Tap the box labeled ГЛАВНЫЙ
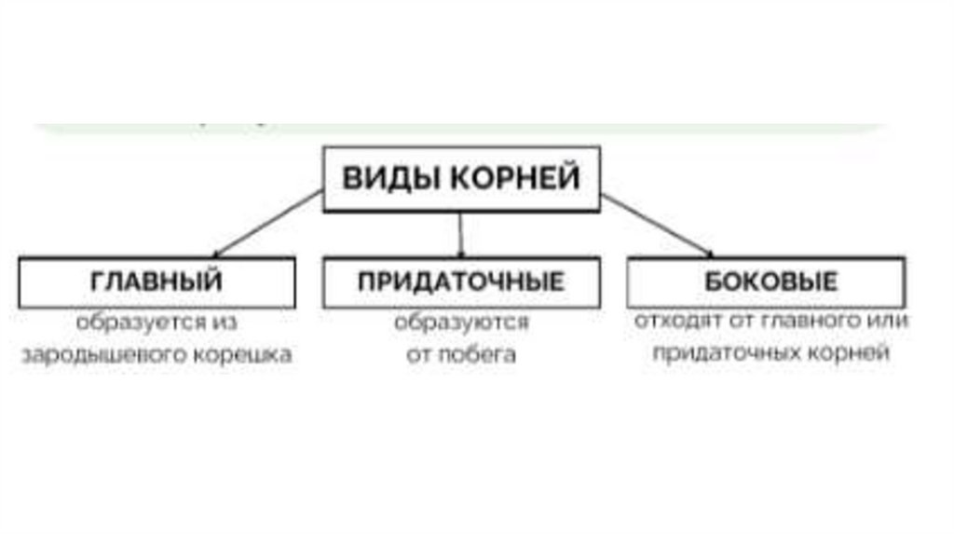point(157,281)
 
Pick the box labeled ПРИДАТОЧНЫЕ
point(461,281)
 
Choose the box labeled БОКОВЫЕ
point(766,281)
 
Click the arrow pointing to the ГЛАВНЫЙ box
point(267,224)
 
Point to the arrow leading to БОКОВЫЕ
point(657,225)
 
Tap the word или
point(885,321)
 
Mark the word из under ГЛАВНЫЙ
point(225,322)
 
